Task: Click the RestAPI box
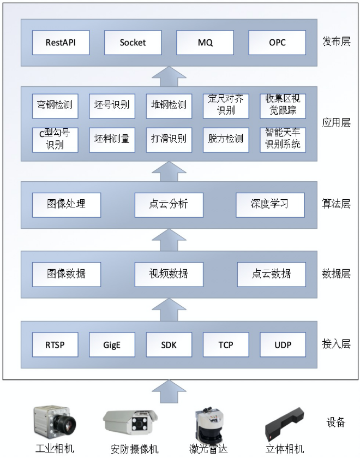61,43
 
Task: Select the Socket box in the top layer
133,43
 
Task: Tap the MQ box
205,43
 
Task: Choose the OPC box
277,43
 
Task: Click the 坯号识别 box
112,105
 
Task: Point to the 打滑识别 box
169,139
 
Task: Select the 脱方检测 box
225,139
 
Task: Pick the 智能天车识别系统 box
283,139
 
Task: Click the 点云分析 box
169,205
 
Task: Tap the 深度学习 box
269,205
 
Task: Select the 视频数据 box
169,274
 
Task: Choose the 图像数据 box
66,274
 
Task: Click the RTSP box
55,344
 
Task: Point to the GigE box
112,344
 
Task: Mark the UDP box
283,344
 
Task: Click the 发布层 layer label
336,43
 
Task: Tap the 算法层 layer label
336,205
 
